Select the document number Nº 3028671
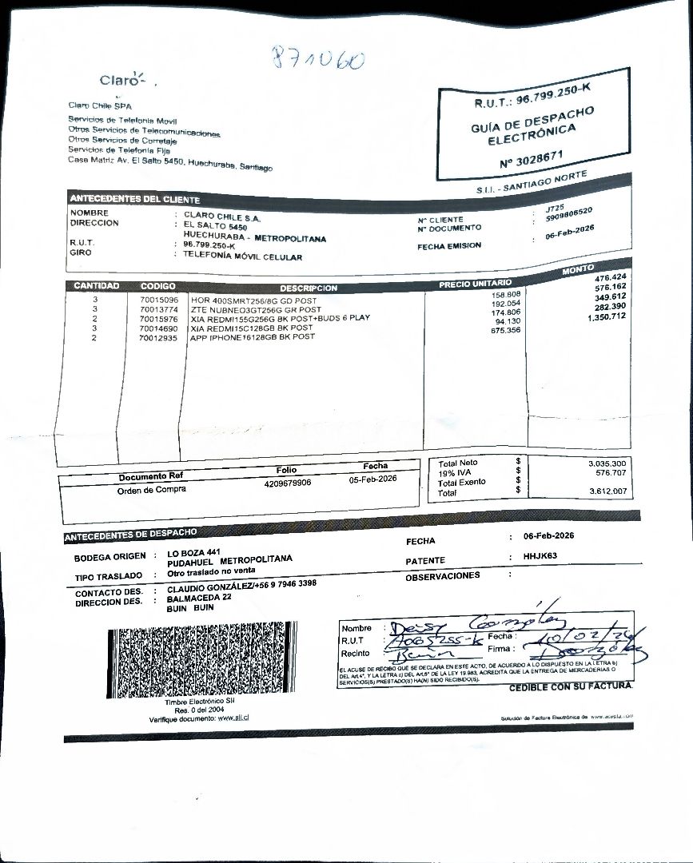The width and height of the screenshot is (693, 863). [x=532, y=158]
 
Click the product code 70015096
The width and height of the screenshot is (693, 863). [x=158, y=300]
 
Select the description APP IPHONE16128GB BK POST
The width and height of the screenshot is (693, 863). [x=252, y=337]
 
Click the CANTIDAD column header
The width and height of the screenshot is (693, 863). [x=96, y=285]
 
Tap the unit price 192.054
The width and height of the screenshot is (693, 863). [x=504, y=304]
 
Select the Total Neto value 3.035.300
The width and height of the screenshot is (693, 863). [x=607, y=463]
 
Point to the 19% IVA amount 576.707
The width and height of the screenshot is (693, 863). [x=608, y=472]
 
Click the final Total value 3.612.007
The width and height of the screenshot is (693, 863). [x=607, y=491]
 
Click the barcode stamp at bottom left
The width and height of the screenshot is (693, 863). [x=201, y=662]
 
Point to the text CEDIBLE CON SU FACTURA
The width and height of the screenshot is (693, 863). [x=570, y=686]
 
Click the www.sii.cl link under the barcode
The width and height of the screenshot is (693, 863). [x=234, y=718]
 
